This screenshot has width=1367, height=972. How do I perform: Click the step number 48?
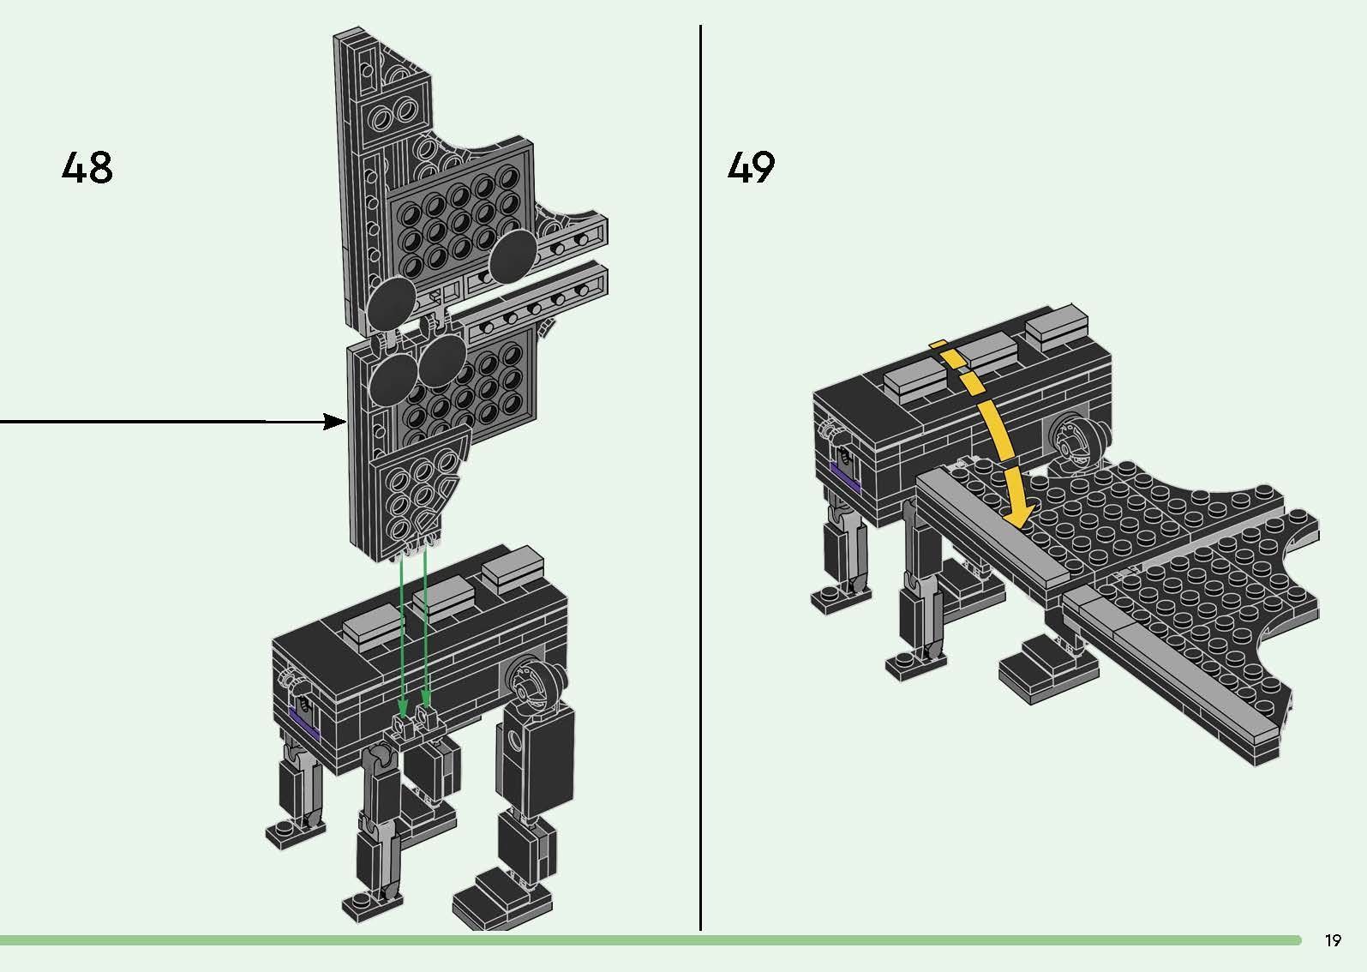click(87, 168)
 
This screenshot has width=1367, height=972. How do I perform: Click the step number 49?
click(751, 167)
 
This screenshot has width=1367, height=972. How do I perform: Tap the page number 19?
click(1332, 940)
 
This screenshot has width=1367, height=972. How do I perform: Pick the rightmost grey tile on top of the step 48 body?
click(512, 568)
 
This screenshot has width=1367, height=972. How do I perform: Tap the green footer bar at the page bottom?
click(651, 940)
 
